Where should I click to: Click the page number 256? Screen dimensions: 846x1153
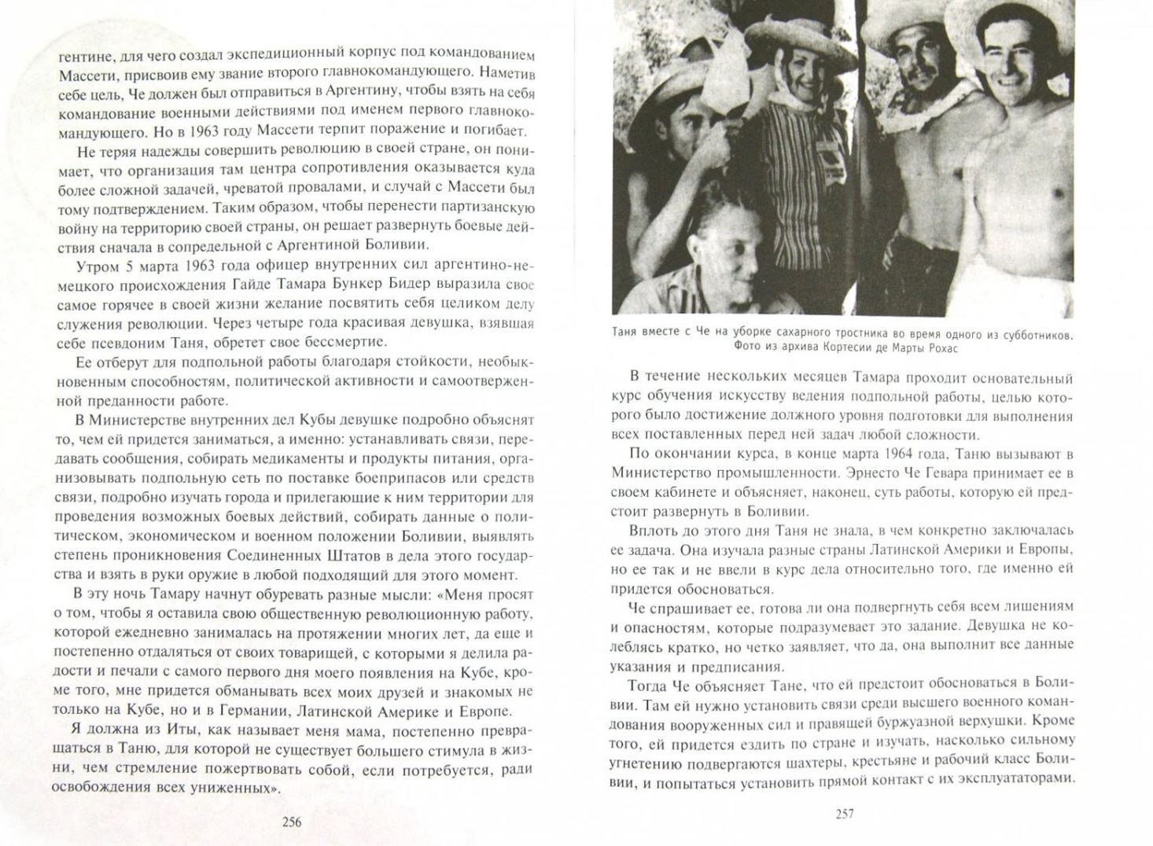(290, 822)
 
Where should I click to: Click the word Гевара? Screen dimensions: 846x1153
(933, 473)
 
